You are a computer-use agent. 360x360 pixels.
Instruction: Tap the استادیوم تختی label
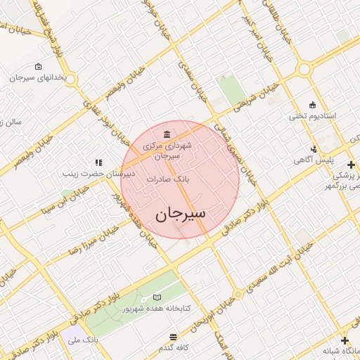click(x=313, y=115)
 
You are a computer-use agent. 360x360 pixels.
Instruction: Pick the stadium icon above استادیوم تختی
click(x=313, y=103)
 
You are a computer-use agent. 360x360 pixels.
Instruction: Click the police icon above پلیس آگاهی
click(x=313, y=149)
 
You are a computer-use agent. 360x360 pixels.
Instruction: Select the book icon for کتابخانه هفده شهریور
click(x=156, y=298)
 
